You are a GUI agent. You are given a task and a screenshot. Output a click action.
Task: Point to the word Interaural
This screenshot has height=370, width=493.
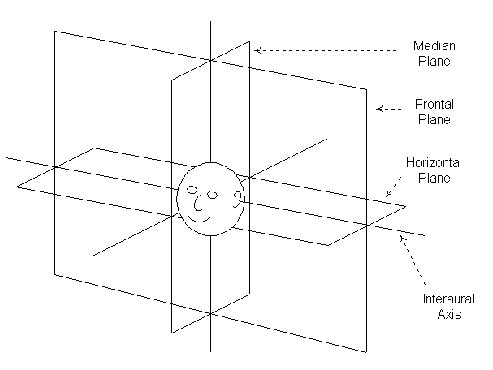[x=444, y=298]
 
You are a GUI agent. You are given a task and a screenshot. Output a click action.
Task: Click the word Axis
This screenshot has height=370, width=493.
[x=444, y=313]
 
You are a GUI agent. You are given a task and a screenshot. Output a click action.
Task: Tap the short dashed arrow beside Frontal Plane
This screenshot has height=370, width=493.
[x=388, y=108]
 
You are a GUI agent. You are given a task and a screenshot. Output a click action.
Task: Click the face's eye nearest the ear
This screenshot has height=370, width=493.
[x=212, y=195]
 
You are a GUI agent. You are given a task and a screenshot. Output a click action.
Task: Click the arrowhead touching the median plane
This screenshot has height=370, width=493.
[x=257, y=50]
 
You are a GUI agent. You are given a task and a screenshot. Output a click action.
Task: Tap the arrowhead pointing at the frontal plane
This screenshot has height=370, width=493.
[x=376, y=108]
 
